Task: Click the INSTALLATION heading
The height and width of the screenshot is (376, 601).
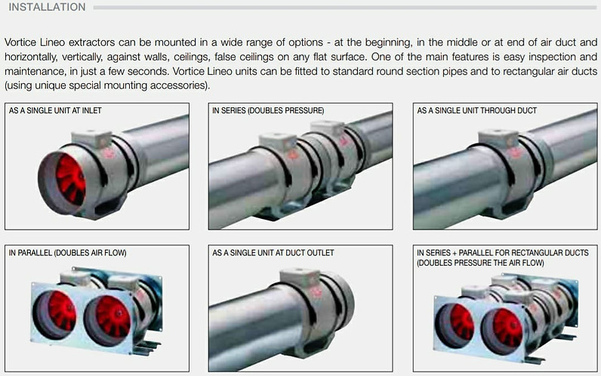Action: click(47, 8)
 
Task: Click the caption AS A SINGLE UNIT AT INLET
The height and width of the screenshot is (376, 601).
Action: click(55, 111)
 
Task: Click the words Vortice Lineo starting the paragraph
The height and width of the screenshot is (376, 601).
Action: click(33, 45)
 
